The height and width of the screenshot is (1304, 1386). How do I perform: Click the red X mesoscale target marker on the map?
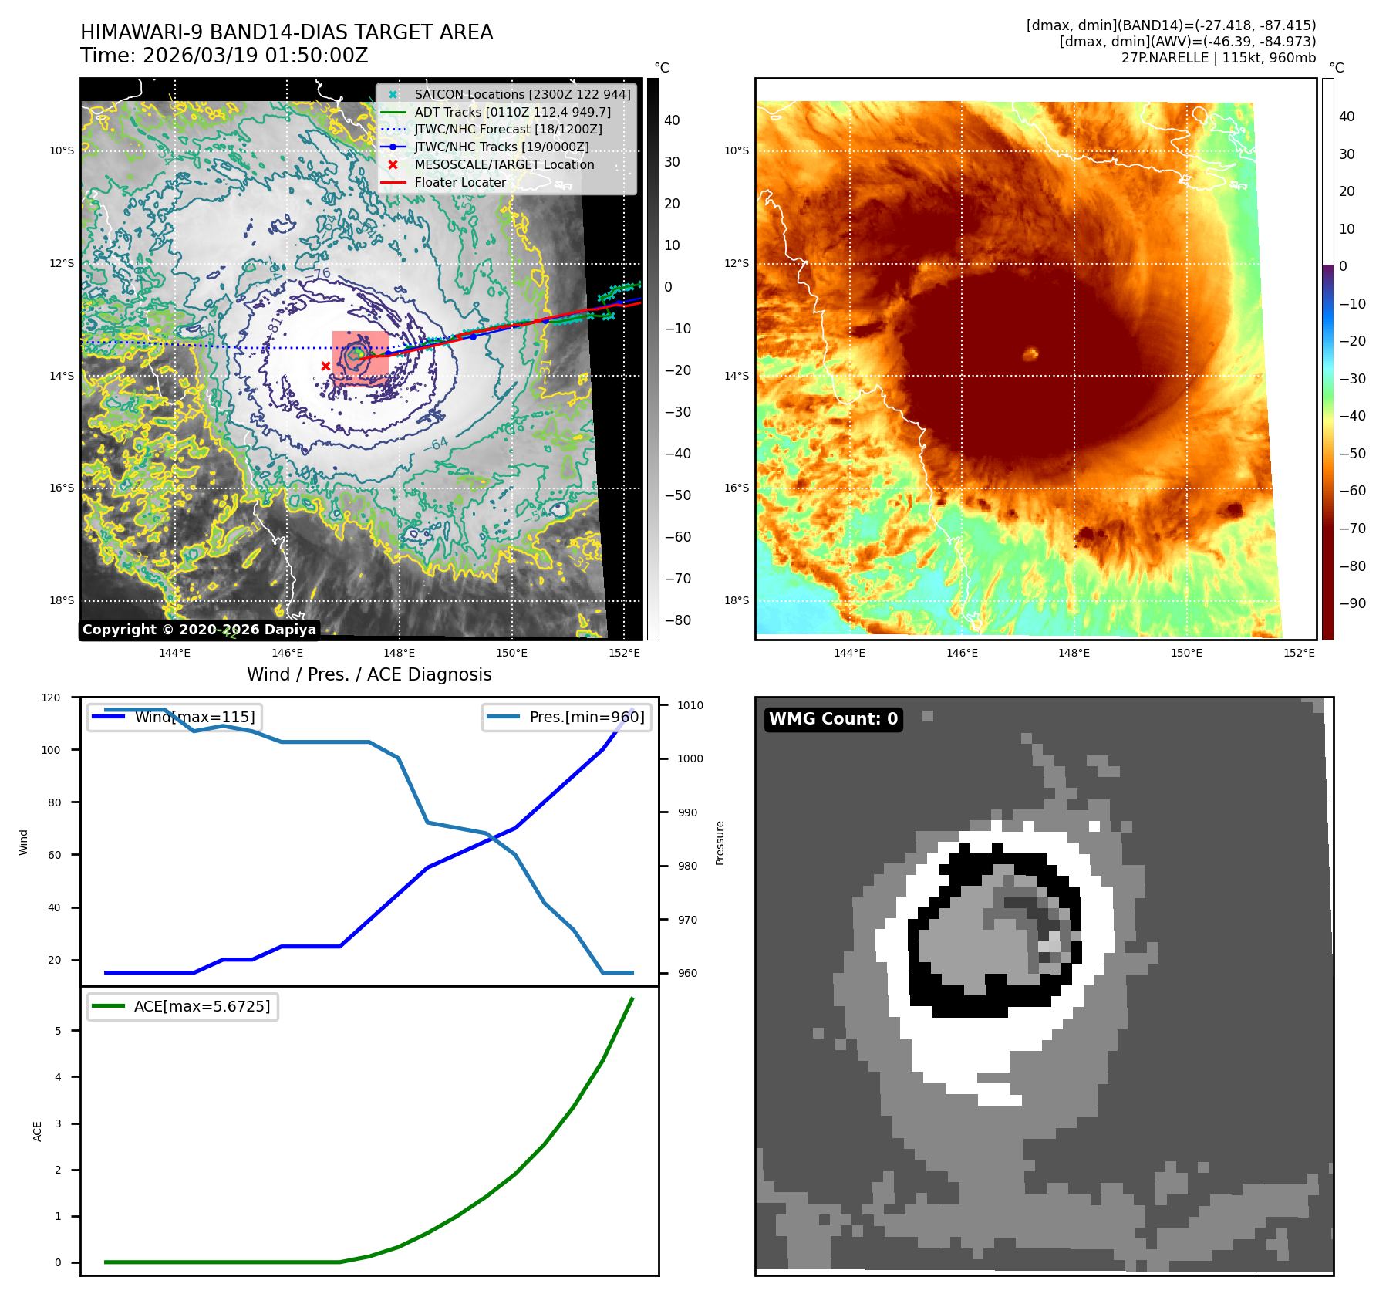pyautogui.click(x=325, y=366)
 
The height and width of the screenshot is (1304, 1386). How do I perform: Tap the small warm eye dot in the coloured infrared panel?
pyautogui.click(x=1030, y=354)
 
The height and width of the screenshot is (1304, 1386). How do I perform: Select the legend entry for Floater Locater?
pyautogui.click(x=460, y=183)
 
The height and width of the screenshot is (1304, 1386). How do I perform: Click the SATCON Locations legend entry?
pyautogui.click(x=521, y=94)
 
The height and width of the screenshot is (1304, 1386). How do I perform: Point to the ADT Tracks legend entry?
pyautogui.click(x=512, y=112)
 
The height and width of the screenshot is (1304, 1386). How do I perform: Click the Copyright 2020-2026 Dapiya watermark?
pyautogui.click(x=199, y=630)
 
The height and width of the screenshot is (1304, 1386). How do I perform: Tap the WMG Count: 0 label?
pyautogui.click(x=833, y=719)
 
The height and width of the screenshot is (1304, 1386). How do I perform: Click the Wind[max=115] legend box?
pyautogui.click(x=174, y=717)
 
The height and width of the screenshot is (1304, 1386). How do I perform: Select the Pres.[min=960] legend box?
pyautogui.click(x=567, y=717)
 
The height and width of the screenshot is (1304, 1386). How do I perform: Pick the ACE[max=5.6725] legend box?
pyautogui.click(x=183, y=1006)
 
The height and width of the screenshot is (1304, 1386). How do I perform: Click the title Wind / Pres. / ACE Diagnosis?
pyautogui.click(x=369, y=674)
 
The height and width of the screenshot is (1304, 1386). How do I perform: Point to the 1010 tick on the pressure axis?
pyautogui.click(x=690, y=705)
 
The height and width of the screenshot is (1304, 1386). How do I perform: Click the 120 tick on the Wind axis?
pyautogui.click(x=51, y=698)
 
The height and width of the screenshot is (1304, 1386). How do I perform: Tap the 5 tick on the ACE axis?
pyautogui.click(x=58, y=1031)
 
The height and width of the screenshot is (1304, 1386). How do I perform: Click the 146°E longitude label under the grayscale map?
pyautogui.click(x=287, y=653)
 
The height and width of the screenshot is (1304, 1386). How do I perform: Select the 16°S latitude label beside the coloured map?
pyautogui.click(x=737, y=488)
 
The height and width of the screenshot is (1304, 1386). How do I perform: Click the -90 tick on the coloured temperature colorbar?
pyautogui.click(x=1352, y=603)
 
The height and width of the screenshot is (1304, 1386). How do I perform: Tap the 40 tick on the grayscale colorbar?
pyautogui.click(x=672, y=120)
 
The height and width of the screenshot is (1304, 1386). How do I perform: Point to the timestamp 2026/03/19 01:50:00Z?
pyautogui.click(x=255, y=56)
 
